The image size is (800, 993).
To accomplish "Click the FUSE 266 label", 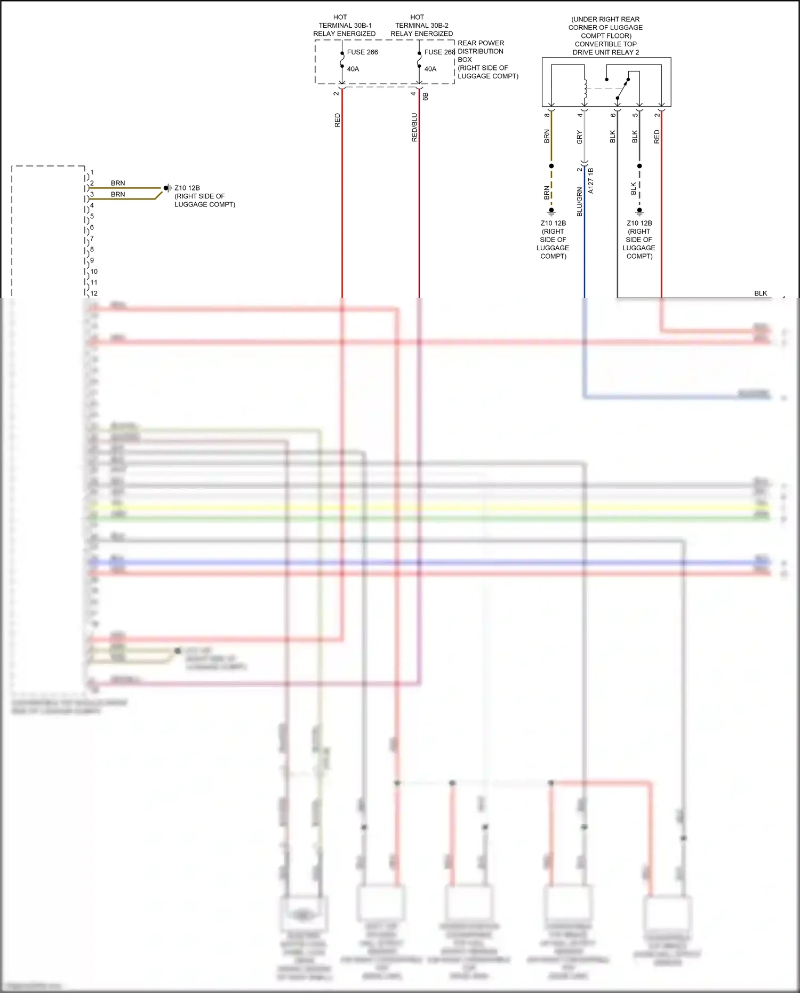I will point(362,52).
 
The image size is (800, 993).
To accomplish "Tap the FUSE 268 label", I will point(439,52).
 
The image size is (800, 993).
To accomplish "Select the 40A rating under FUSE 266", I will point(353,69).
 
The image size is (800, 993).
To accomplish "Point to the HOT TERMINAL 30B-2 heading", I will point(421,25).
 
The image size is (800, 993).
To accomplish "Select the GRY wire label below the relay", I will point(580,137).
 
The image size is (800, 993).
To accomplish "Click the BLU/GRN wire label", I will point(580,202).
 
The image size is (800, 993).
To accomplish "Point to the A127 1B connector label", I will point(591,180).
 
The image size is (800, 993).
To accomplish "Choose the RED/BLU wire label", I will point(414,127).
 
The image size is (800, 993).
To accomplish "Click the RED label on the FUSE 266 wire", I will point(337,120).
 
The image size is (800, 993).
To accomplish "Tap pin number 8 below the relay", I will point(547,115).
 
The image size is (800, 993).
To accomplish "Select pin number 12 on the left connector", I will point(94,293).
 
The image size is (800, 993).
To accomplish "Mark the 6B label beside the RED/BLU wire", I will point(426,96).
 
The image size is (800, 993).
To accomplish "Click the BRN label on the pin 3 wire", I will point(118,194).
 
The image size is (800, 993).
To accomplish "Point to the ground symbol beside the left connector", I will point(167,188).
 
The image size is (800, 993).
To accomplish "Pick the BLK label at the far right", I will point(761,293).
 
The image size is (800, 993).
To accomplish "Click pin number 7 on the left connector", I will point(92,238).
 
